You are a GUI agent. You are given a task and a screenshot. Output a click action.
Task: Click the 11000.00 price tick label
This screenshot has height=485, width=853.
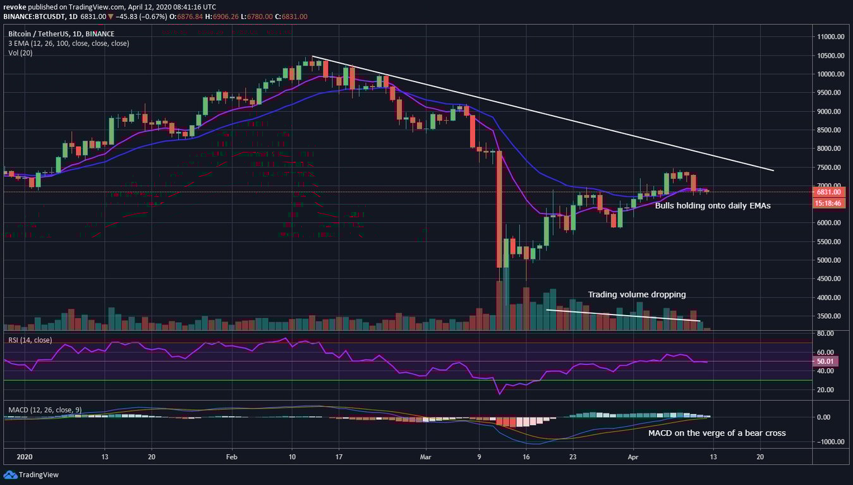coord(831,37)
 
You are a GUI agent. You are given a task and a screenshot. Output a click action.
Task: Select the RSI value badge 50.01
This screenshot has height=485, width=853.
coord(827,362)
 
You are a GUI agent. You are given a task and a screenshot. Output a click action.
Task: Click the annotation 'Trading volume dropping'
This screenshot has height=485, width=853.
coord(636,295)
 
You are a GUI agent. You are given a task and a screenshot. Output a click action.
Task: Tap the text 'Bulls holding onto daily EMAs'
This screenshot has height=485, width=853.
coord(712,206)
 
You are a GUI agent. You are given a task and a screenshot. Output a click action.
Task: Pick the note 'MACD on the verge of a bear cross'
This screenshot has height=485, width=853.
coord(717,433)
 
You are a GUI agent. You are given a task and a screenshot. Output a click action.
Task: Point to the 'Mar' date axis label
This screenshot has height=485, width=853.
coord(425,457)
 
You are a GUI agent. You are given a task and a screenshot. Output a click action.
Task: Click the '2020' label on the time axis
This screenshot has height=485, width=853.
coord(24,457)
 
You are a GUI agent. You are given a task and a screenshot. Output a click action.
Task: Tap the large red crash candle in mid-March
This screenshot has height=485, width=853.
coord(499,208)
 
